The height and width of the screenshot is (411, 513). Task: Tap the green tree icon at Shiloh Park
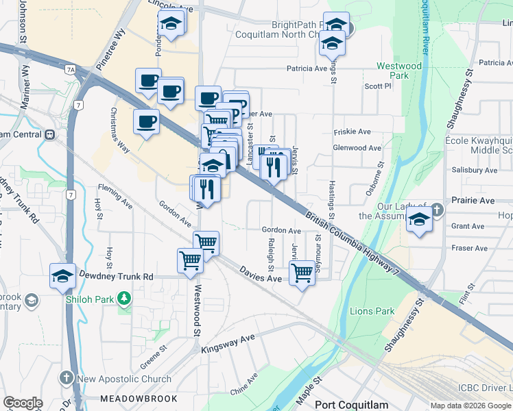coord(124,298)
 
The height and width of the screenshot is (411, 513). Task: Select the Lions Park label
coord(372,311)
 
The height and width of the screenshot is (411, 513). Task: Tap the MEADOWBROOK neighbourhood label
coord(139,398)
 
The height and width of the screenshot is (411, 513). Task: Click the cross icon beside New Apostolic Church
coord(66,377)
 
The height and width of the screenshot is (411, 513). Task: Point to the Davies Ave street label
coord(261,277)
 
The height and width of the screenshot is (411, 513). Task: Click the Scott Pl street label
coord(377,86)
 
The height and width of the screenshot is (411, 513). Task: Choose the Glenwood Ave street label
coord(357,148)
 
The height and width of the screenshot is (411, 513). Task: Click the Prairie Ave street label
coord(473,201)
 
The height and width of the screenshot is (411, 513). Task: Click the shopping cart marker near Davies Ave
coord(302,273)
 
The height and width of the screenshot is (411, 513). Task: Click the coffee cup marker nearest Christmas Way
coord(146,123)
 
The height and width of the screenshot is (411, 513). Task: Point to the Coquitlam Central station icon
coord(50,134)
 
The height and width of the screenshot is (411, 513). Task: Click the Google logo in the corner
coord(23,403)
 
